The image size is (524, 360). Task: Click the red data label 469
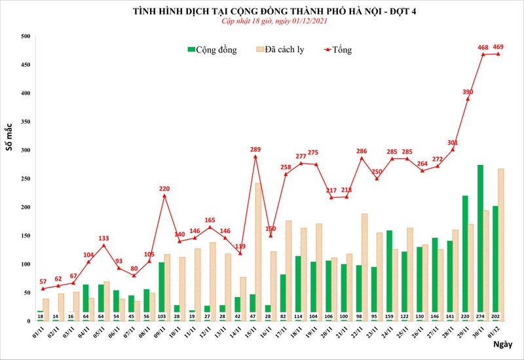click(x=498, y=46)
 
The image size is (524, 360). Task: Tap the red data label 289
click(x=255, y=150)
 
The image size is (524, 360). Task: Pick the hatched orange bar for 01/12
click(x=501, y=245)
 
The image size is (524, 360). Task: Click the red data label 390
click(x=468, y=92)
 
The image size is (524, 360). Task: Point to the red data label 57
click(x=44, y=281)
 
